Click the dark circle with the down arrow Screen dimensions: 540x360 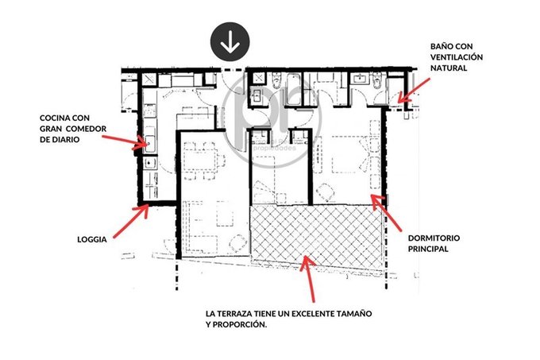[230, 41]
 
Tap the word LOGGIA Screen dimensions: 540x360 [92, 239]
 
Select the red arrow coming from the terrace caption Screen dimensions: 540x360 [308, 279]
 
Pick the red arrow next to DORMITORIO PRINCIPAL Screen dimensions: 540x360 [386, 212]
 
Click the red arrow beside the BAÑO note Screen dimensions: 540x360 [414, 91]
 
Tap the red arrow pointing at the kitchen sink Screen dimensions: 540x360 [125, 142]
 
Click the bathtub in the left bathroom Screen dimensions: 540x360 [294, 88]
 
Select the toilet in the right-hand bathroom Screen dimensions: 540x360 [377, 80]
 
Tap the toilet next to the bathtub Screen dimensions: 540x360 [276, 81]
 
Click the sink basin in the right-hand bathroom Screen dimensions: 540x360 [360, 78]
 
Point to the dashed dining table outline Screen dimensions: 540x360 [199, 161]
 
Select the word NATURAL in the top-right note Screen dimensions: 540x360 [449, 68]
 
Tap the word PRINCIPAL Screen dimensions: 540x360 [428, 249]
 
